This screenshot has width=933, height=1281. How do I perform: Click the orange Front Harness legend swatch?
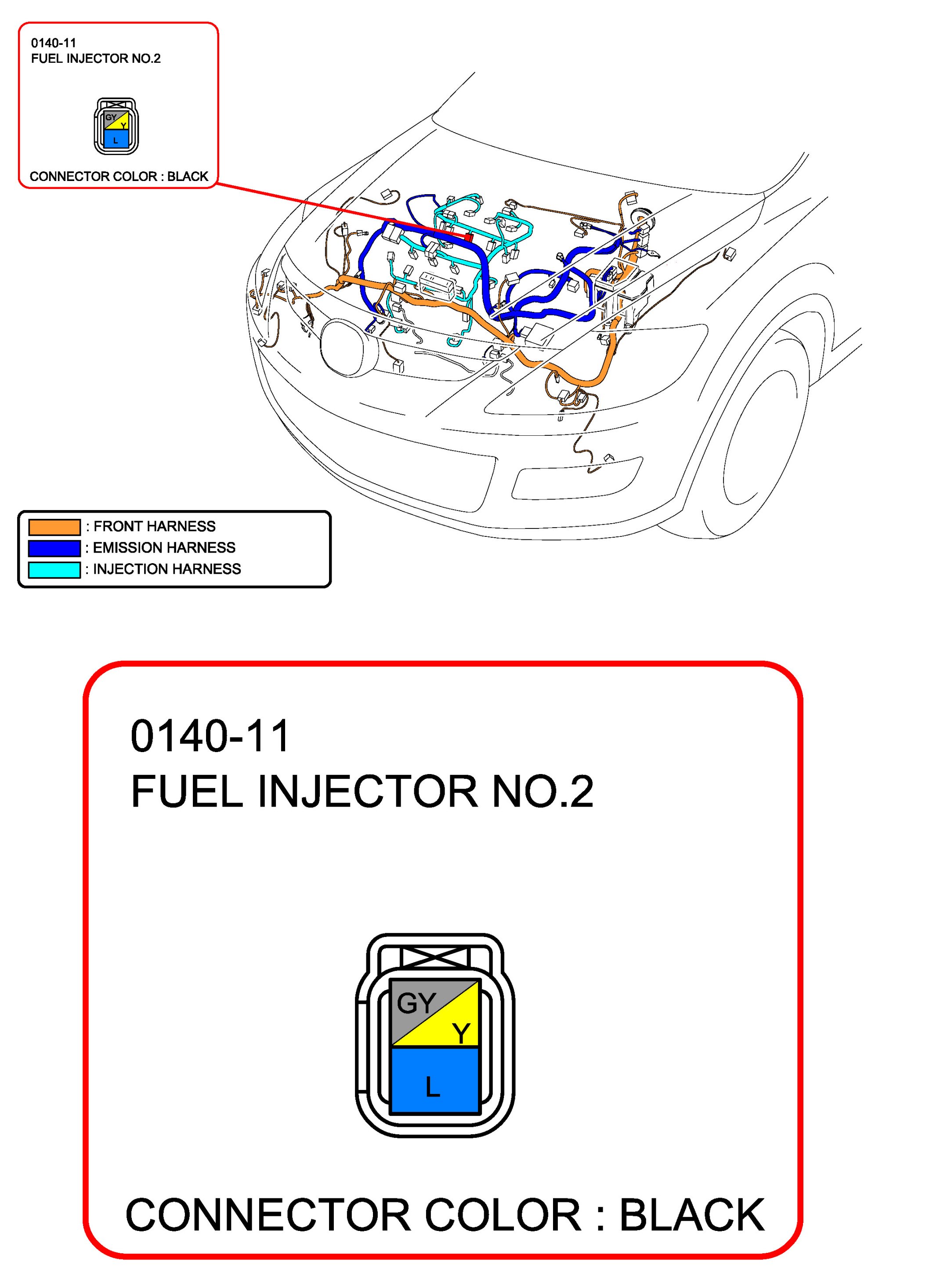click(x=54, y=527)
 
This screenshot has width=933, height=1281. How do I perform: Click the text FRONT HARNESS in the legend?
click(x=154, y=526)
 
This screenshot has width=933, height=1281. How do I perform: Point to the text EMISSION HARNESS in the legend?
click(x=164, y=548)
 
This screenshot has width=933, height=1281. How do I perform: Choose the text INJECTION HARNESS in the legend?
click(x=166, y=569)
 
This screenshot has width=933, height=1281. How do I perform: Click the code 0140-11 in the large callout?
click(x=210, y=737)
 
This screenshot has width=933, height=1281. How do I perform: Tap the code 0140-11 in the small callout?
click(x=54, y=43)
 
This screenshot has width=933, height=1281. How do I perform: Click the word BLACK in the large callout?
click(x=692, y=1215)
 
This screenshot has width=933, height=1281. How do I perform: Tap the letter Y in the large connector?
click(x=461, y=1034)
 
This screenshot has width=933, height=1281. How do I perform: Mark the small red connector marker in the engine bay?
click(x=468, y=238)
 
